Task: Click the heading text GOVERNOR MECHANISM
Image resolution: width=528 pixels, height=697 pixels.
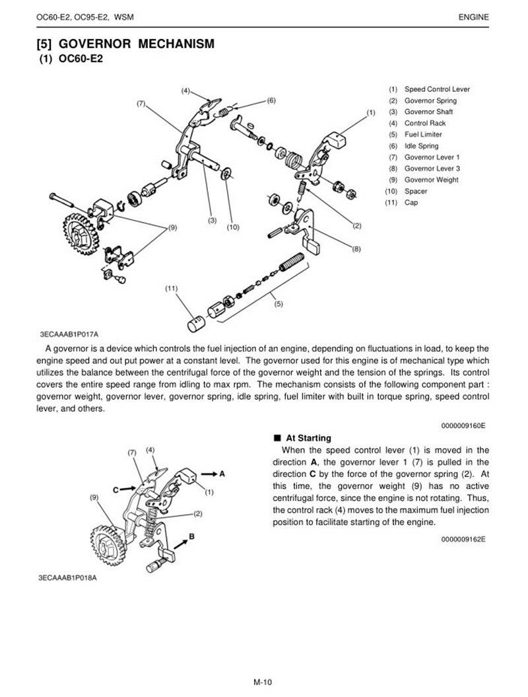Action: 136,45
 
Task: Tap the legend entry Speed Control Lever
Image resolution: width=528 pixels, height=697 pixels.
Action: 437,89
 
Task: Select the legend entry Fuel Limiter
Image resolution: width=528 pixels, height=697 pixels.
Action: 423,134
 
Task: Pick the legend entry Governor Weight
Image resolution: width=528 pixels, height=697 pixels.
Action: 431,180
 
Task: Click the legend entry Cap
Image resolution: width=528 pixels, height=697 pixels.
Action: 411,202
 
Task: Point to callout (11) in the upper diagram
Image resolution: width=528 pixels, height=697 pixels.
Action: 172,289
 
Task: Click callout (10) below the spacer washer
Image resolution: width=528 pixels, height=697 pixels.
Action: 232,227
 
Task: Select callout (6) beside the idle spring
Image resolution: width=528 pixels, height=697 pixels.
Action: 271,100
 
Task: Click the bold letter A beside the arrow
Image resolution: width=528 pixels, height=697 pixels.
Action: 222,473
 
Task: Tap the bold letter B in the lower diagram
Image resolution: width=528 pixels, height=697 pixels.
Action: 191,536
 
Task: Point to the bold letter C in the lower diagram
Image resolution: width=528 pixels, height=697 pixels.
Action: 115,490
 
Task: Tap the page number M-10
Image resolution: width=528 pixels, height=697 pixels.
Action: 263,682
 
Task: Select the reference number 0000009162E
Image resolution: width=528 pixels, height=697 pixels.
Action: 463,539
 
